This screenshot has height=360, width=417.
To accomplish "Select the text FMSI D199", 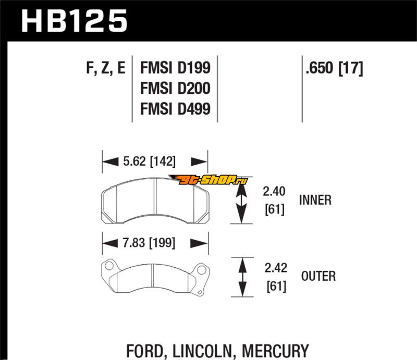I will (175, 69).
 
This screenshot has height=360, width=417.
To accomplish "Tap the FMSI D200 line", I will (175, 89).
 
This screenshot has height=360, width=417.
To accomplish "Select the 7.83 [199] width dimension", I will (149, 243).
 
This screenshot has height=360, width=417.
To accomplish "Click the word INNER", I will (315, 200).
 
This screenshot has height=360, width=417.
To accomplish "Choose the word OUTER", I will (318, 276).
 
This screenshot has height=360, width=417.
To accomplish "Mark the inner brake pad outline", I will (155, 201).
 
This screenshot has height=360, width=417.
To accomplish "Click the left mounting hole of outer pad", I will (108, 267).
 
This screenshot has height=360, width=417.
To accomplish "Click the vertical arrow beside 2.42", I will (242, 277).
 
